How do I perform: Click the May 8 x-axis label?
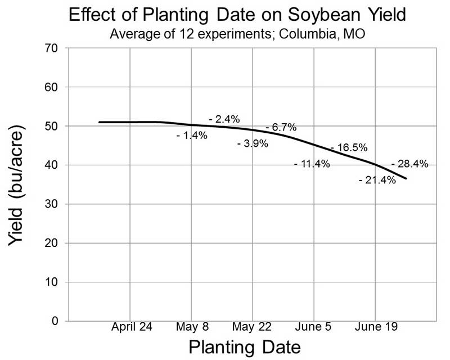[x=192, y=327]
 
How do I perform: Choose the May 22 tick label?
[x=253, y=327]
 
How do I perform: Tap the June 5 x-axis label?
[x=314, y=327]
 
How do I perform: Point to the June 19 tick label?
[x=375, y=327]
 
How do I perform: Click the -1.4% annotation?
[x=192, y=136]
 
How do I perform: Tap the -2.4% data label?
[x=224, y=119]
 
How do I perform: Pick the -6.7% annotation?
[x=281, y=128]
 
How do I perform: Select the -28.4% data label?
[x=409, y=164]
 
